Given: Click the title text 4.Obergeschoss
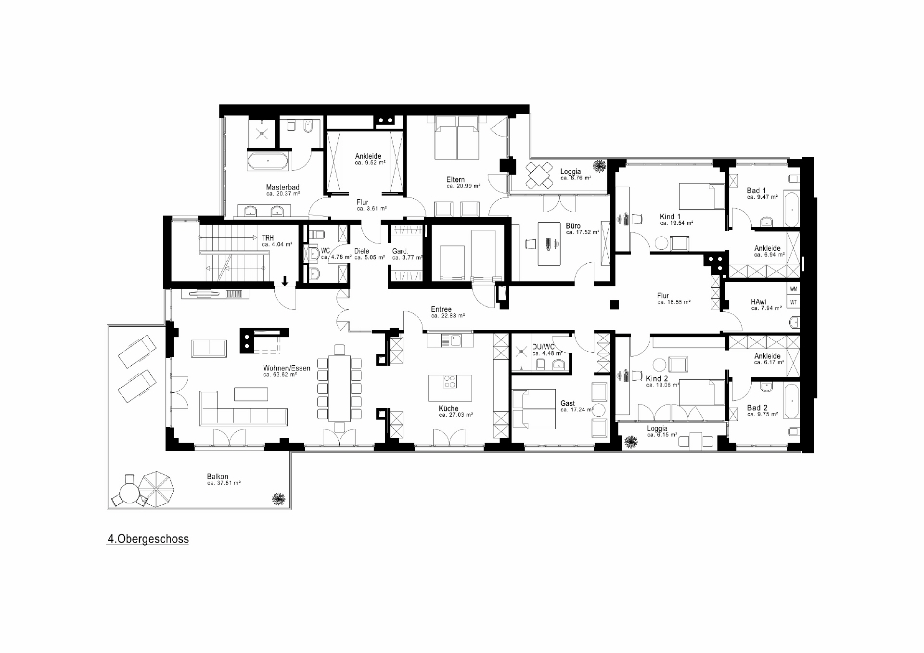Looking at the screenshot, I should pos(148,539).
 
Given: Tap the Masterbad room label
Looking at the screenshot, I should pos(282,188).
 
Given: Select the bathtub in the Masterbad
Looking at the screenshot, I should pos(269,162).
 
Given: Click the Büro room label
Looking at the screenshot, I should pos(573,226).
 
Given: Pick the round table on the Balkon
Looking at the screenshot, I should pos(128,493).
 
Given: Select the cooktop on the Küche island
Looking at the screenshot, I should pos(449,382).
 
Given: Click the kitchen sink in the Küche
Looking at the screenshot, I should pos(451,341).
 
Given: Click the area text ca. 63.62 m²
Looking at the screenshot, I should pos(280,374).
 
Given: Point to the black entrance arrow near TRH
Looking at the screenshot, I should pos(285,281).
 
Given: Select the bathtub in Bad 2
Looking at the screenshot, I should pos(791,401).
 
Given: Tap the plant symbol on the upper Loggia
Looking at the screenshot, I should pos(599,166).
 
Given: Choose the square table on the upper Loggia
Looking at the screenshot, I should pos(539,175).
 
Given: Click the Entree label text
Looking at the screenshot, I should pos(441,309).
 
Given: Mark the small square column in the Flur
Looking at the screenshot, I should pos(614,304).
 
